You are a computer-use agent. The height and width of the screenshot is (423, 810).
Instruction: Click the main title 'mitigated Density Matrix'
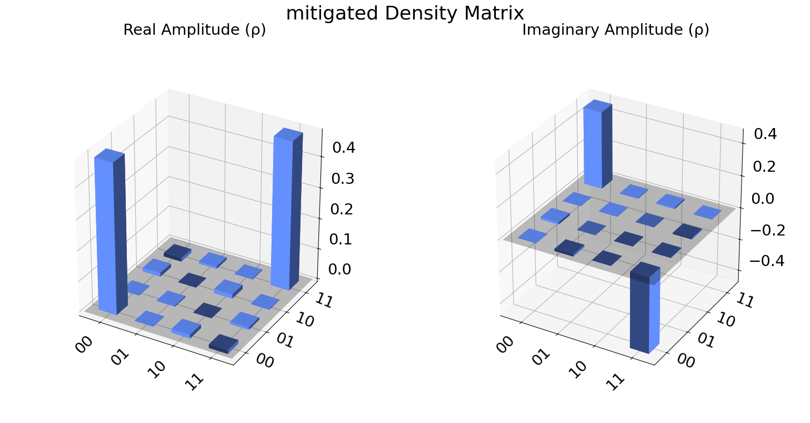405,13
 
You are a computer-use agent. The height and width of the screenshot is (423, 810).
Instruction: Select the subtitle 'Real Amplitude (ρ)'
194,31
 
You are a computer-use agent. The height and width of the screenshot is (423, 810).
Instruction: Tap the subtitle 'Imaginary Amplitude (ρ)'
615,31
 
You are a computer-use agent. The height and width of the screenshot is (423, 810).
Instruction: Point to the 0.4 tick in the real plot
344,148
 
